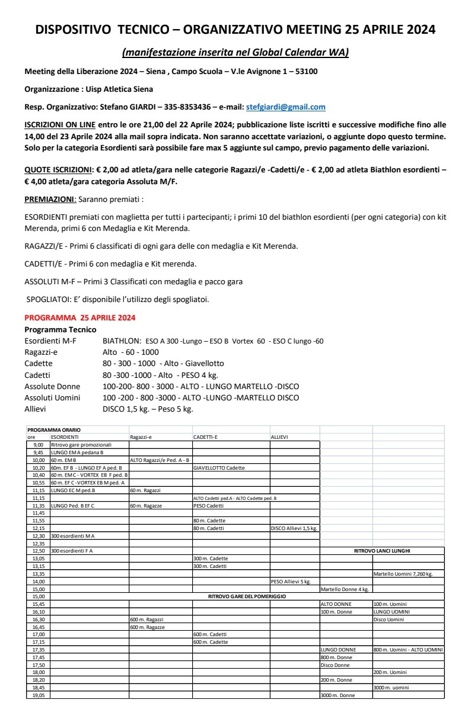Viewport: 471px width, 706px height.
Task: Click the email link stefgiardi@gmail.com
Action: click(x=285, y=107)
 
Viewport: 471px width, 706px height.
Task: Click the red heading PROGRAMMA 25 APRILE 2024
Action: click(x=79, y=318)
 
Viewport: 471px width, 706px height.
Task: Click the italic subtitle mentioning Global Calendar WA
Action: click(x=235, y=53)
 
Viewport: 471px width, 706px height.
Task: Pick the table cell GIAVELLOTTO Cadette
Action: click(x=219, y=468)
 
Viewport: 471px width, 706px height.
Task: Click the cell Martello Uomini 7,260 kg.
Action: click(x=403, y=574)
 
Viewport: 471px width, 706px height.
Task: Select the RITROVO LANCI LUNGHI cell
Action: click(x=382, y=551)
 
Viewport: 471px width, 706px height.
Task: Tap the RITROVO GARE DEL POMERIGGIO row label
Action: click(x=247, y=596)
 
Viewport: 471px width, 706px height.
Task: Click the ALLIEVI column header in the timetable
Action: click(x=279, y=437)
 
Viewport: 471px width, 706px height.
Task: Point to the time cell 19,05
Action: click(x=39, y=695)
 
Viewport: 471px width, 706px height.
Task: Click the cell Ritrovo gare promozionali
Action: click(x=81, y=444)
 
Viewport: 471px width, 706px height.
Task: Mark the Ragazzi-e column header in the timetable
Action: click(x=142, y=437)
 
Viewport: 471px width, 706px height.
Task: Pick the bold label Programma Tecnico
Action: click(x=60, y=329)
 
